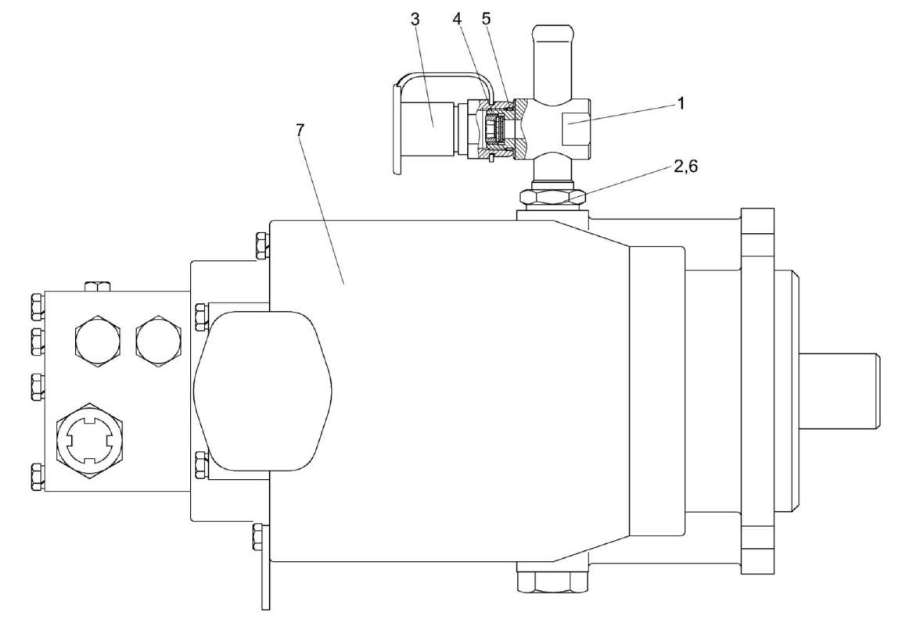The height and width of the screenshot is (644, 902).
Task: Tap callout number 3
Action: (x=415, y=20)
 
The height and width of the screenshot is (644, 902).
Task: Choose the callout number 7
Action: (x=300, y=131)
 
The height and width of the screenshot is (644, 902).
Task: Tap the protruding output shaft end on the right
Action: (x=841, y=389)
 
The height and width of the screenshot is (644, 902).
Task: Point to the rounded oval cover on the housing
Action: (x=262, y=389)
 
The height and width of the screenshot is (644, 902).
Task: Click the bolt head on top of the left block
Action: (x=98, y=285)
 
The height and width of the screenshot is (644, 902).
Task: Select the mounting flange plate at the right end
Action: (x=756, y=391)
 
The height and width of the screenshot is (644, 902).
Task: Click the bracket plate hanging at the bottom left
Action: (x=264, y=567)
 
